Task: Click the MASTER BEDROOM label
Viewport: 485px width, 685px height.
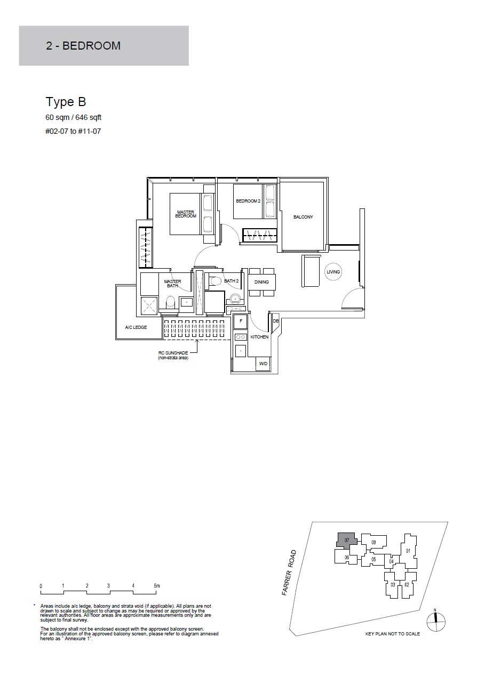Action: pos(186,214)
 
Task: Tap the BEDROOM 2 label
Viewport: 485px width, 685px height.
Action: pos(248,201)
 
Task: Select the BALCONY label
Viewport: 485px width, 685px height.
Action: pos(303,217)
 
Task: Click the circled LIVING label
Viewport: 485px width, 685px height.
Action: pos(333,272)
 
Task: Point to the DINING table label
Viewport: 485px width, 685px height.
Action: pos(261,282)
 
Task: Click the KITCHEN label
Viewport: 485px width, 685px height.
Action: pos(259,337)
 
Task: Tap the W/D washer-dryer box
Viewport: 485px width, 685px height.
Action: pos(263,364)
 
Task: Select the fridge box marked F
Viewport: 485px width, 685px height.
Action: pos(241,321)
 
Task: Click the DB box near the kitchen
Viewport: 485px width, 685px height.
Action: pos(276,321)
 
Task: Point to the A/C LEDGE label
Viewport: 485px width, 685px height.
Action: pos(136,327)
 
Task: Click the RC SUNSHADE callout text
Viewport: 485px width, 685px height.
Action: pos(173,356)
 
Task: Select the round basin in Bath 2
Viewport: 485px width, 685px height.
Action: pos(235,297)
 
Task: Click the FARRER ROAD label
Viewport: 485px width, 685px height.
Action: pos(289,573)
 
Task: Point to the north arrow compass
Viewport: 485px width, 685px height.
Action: pos(436,622)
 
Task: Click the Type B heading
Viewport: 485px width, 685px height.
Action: pos(66,102)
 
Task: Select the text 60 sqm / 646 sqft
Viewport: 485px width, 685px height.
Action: pos(74,117)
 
